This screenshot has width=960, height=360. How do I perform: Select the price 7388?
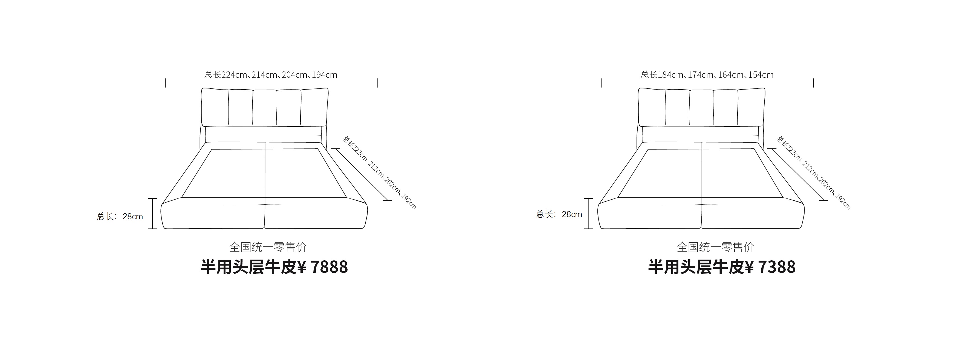(x=777, y=267)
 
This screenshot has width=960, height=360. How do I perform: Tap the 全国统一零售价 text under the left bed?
(x=268, y=247)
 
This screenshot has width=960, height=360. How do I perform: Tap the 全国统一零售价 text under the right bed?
(x=716, y=247)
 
